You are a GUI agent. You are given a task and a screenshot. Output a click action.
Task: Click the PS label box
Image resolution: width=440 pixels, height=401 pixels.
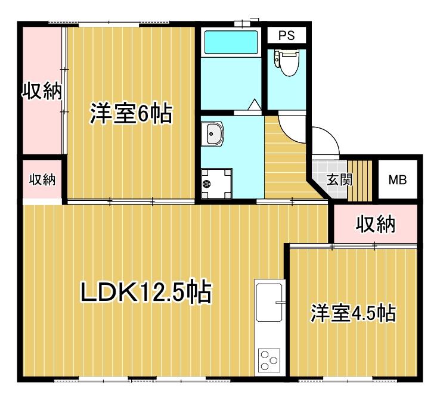[286, 36]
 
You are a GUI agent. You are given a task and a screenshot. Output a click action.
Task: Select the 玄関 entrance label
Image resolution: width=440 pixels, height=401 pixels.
[338, 179]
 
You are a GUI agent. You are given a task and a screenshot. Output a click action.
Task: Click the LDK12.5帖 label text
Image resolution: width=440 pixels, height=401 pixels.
[146, 292]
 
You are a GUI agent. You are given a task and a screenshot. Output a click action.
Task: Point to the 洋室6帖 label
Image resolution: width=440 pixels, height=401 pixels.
[131, 113]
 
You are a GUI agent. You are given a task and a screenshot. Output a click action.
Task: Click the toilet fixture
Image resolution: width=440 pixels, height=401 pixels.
[286, 63]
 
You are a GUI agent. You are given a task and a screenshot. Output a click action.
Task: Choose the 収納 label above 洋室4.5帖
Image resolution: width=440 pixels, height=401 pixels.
[376, 224]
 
